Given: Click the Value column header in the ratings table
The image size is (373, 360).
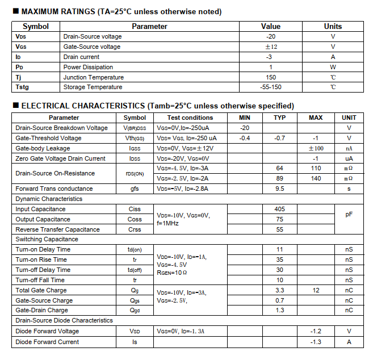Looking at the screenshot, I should click(x=270, y=26).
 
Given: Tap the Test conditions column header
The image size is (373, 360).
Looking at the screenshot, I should click(x=190, y=118).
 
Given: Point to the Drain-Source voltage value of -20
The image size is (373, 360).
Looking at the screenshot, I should click(x=270, y=36).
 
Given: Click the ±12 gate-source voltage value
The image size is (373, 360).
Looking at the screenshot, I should click(x=270, y=47).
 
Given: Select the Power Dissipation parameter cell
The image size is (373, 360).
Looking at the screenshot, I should click(x=88, y=67).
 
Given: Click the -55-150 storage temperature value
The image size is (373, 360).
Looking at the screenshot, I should click(x=270, y=87).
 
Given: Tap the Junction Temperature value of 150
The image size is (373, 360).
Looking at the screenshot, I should click(x=270, y=77).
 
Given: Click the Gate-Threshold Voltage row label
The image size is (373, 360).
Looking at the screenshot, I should click(x=48, y=138).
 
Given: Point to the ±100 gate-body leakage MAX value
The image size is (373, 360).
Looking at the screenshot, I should click(x=315, y=148).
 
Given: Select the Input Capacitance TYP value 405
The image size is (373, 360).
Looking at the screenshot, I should click(x=279, y=209).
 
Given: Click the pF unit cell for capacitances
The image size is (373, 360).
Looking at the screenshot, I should click(x=349, y=215).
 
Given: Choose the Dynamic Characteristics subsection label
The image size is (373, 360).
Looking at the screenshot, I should click(x=49, y=199).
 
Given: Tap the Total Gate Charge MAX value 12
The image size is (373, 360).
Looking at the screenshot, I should click(x=315, y=290).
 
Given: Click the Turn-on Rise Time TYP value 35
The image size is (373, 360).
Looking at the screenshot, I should click(x=279, y=259).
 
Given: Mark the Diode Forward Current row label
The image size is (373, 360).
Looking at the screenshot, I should click(x=47, y=342).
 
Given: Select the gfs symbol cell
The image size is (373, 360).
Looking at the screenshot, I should click(x=135, y=189).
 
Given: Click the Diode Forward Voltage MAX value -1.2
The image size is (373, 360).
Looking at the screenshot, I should click(x=316, y=331).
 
